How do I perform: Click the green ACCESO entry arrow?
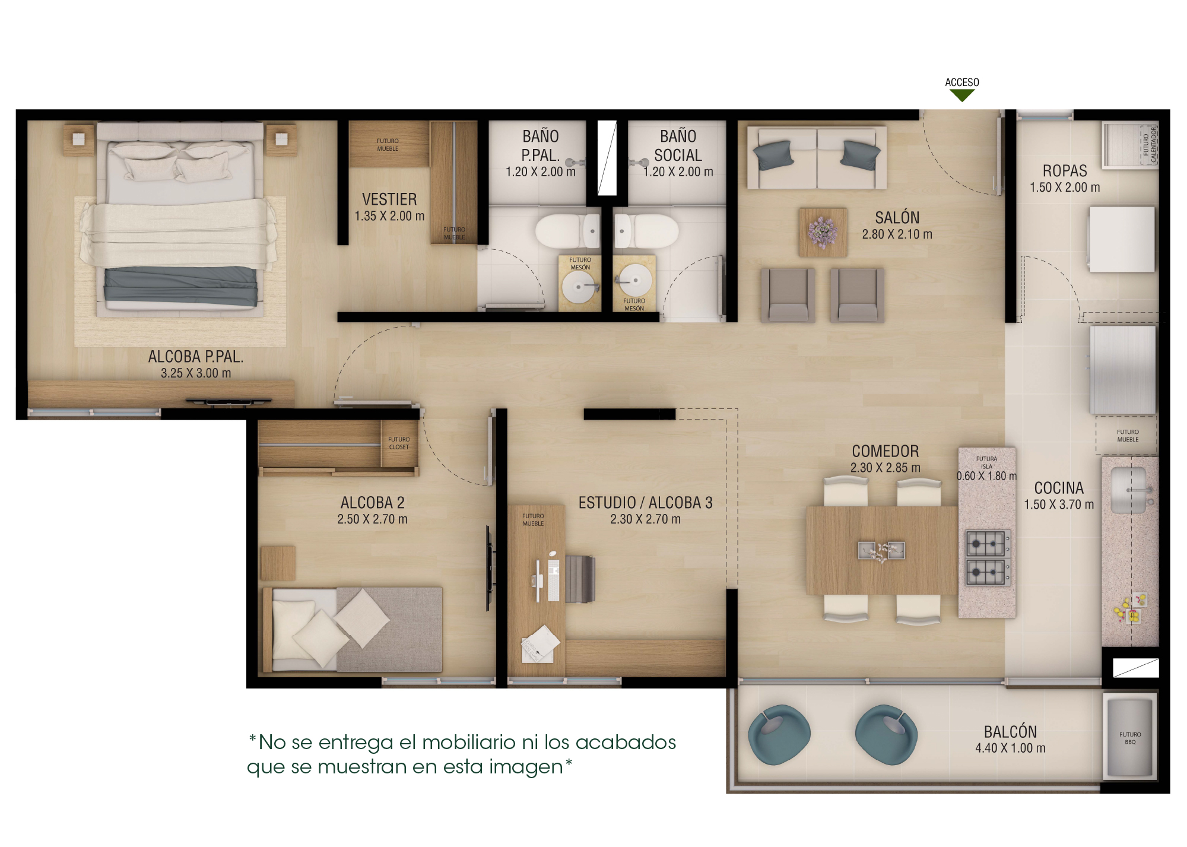tap(962, 96)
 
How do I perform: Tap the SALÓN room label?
tap(897, 218)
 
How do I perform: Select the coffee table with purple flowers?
tap(823, 232)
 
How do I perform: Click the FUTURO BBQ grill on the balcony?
tap(1129, 738)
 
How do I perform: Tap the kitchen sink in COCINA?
tap(1129, 490)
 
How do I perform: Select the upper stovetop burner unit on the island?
tap(985, 543)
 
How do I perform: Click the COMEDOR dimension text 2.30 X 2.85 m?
tap(885, 468)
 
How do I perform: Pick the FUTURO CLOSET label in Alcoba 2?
tap(399, 443)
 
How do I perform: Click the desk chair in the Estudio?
tap(580, 579)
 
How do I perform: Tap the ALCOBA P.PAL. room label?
tap(195, 357)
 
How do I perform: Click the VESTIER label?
tap(389, 199)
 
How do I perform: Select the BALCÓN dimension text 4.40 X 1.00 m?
tap(1010, 748)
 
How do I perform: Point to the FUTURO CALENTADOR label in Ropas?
tap(1149, 145)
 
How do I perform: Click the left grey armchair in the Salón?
tap(788, 294)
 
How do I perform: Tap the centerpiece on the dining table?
tap(882, 551)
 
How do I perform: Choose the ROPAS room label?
tap(1065, 171)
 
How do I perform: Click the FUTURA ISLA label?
tap(986, 462)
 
